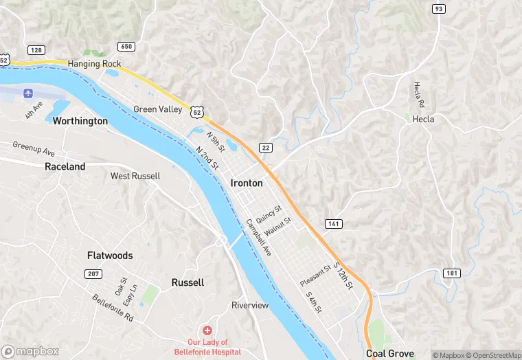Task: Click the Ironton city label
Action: point(246,183)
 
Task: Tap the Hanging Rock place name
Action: point(94,64)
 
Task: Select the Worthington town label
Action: point(80,121)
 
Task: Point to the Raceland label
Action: point(65,166)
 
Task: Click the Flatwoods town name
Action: point(110,256)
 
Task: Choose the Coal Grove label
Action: point(389,353)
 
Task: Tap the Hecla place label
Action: point(423,119)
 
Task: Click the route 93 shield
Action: point(438,9)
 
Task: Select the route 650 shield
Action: point(125,47)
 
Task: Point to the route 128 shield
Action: point(36,50)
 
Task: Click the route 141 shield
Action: point(334,224)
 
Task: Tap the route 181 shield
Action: point(451,273)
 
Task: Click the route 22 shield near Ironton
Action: point(265,148)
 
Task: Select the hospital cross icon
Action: point(207,330)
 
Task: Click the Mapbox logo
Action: point(30,351)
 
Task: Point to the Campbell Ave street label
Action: point(259,238)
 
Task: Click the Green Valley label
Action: point(158,109)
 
